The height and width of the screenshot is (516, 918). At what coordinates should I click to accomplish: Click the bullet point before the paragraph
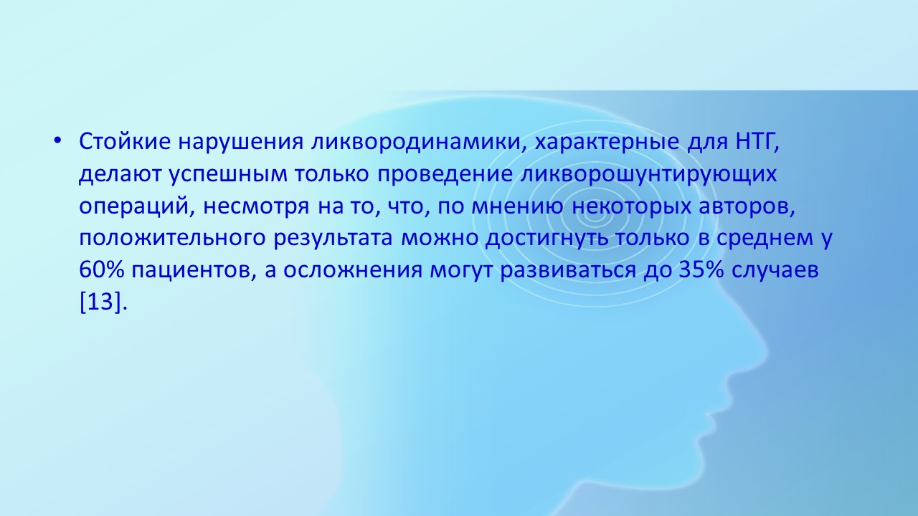click(57, 141)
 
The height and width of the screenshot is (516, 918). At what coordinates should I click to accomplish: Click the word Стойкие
click(125, 141)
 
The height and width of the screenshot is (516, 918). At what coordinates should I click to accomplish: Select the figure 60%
click(101, 270)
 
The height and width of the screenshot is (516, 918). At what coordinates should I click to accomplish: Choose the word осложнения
click(352, 270)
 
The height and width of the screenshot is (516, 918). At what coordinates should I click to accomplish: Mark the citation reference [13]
click(101, 302)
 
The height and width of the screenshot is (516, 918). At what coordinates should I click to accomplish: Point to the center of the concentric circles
click(590, 215)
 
